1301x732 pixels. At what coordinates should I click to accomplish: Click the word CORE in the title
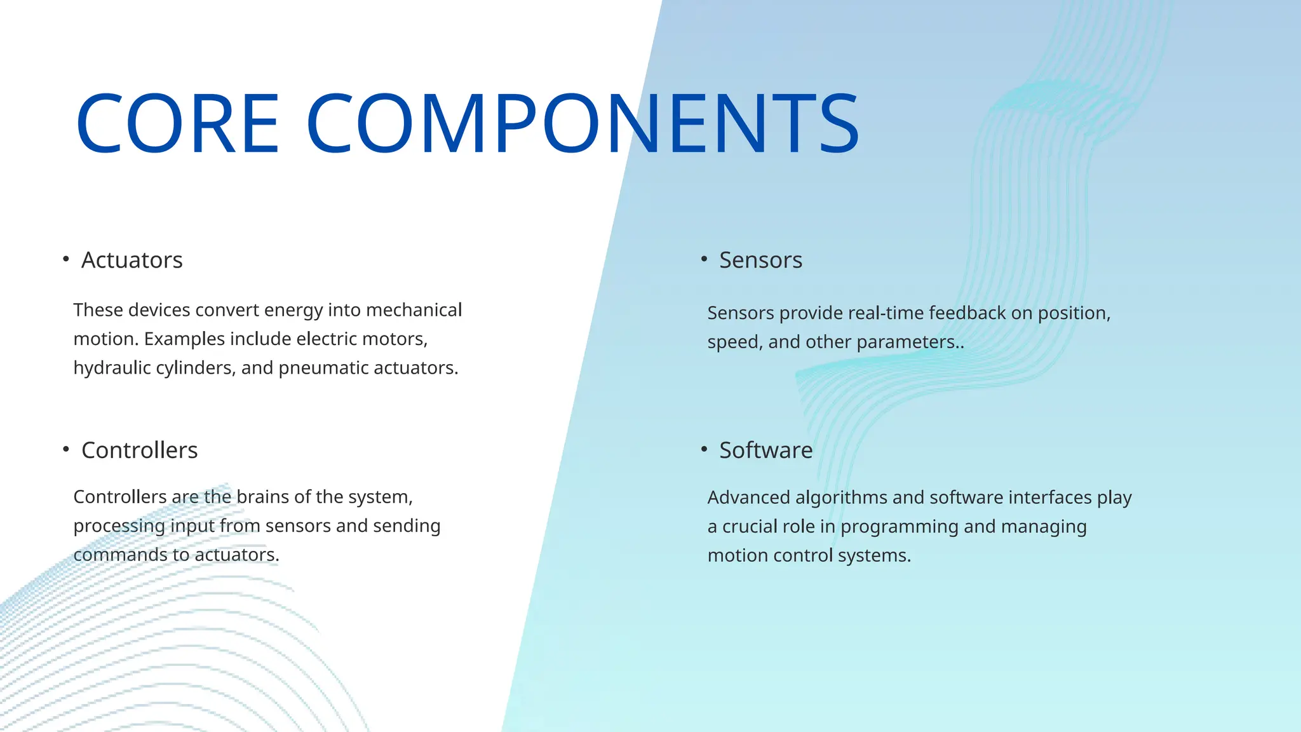tap(177, 123)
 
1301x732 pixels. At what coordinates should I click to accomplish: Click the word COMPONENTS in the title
tap(583, 123)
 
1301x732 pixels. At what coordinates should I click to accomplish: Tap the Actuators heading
tap(131, 261)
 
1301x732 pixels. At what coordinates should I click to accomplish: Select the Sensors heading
tap(760, 261)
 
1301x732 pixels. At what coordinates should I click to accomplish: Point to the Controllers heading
tap(139, 451)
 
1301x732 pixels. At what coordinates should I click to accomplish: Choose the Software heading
tap(765, 451)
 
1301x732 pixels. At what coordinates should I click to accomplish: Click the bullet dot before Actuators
tap(66, 259)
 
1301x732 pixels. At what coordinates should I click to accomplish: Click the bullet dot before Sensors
tap(704, 259)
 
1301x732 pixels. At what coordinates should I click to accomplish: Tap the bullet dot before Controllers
tap(66, 449)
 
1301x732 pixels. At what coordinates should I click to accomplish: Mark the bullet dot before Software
tap(704, 449)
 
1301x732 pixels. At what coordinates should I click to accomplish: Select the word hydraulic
tap(112, 368)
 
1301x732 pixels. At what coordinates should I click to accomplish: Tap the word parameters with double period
tap(910, 342)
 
